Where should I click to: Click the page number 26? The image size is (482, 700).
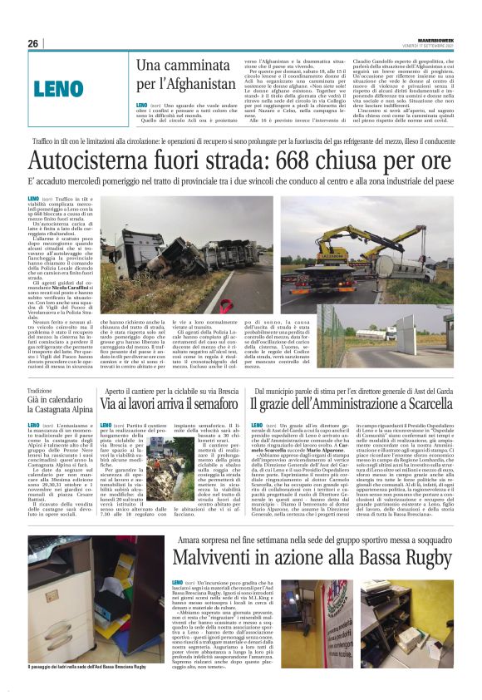pos(33,43)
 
